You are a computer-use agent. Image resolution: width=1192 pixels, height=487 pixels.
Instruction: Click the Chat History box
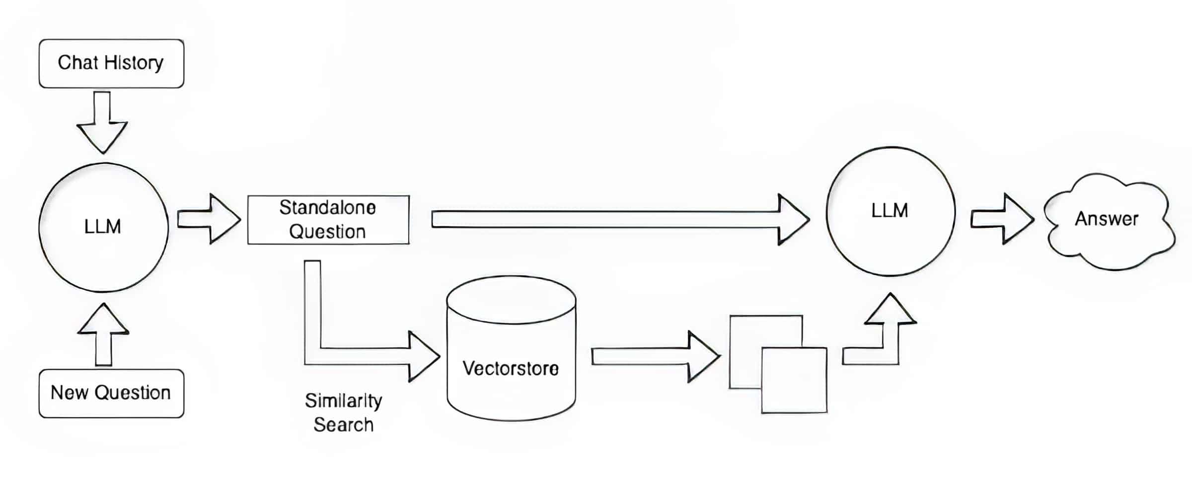click(111, 64)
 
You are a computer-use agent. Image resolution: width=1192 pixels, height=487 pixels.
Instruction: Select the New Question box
click(111, 393)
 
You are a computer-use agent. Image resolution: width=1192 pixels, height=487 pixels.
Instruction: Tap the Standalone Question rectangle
click(328, 220)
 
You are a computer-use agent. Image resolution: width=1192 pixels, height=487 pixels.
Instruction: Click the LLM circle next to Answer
click(890, 211)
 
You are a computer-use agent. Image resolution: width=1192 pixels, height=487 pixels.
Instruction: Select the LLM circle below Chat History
click(103, 227)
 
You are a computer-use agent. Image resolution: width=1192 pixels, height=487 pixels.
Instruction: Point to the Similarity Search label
click(344, 412)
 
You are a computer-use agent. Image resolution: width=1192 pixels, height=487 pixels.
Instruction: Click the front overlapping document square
click(794, 380)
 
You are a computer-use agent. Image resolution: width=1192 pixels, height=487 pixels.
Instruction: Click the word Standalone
click(328, 208)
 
